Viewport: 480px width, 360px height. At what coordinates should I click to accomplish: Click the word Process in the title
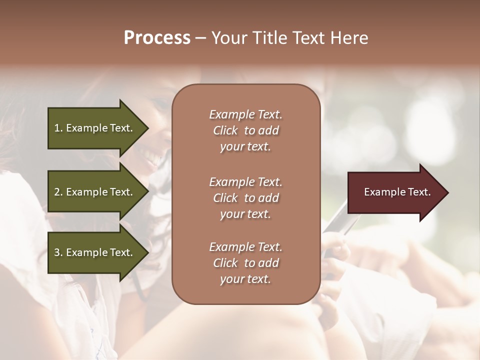click(x=157, y=37)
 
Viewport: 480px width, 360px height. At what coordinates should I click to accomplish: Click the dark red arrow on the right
click(x=395, y=192)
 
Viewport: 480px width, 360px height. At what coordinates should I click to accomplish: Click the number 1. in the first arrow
click(x=58, y=128)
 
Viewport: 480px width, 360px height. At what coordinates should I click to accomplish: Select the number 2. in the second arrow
click(x=58, y=192)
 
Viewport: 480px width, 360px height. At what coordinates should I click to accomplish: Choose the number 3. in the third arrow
click(x=58, y=253)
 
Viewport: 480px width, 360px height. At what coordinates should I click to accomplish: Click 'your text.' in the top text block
click(x=245, y=147)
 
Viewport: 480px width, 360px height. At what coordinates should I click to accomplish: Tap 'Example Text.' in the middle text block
click(x=245, y=181)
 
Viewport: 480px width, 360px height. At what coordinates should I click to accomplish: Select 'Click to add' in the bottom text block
click(x=245, y=263)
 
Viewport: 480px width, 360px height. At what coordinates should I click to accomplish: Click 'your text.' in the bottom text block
click(x=245, y=279)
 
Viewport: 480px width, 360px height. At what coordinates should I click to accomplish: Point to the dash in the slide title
click(x=200, y=38)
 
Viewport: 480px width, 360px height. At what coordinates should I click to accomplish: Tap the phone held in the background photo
click(x=338, y=220)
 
